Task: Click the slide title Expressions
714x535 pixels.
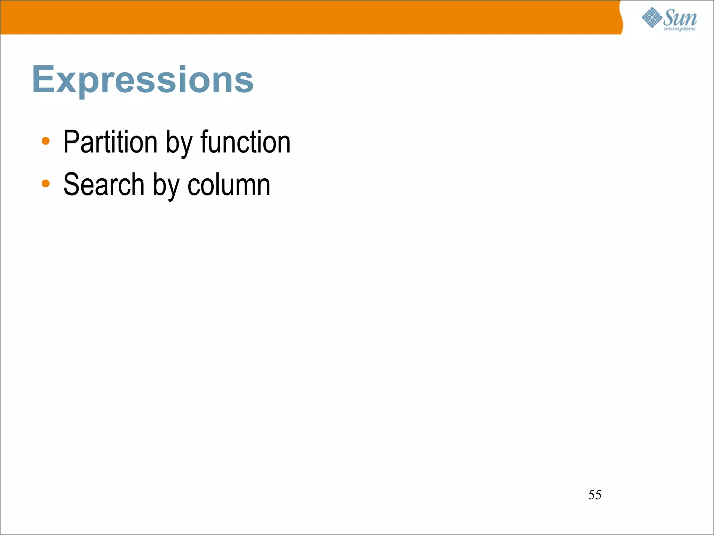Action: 143,80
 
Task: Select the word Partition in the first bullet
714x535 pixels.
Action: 110,142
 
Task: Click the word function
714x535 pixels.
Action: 245,142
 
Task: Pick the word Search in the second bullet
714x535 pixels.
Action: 104,185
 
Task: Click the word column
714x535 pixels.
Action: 229,185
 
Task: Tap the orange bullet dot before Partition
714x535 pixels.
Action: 46,141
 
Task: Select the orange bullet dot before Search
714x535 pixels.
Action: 46,183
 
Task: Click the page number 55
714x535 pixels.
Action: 595,495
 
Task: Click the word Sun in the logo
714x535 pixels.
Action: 680,17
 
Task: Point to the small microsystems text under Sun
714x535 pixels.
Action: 679,29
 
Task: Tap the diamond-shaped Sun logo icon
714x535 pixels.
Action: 652,17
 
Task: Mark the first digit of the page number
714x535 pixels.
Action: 592,495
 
